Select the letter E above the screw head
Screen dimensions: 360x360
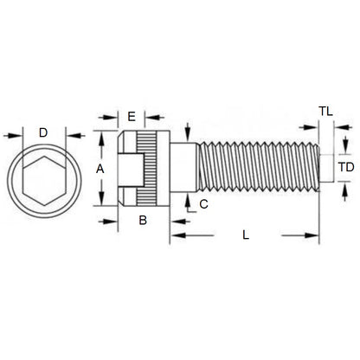pos(132,116)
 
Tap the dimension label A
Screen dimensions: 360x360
pos(100,170)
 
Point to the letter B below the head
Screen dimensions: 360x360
pos(143,221)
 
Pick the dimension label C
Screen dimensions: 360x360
pos(202,204)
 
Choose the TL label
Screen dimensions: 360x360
pos(325,112)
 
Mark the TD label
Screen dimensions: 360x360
pos(345,166)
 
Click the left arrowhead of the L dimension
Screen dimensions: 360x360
pos(174,235)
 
